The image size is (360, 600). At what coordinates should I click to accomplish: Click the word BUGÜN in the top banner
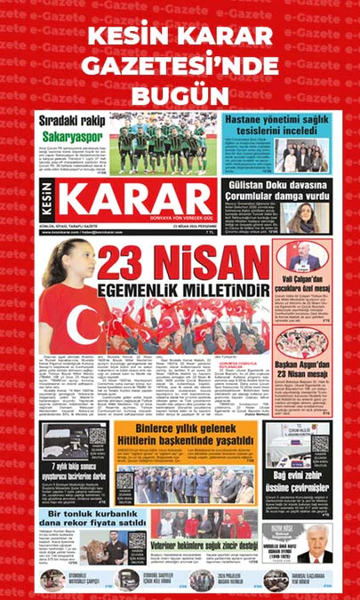click(x=180, y=94)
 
